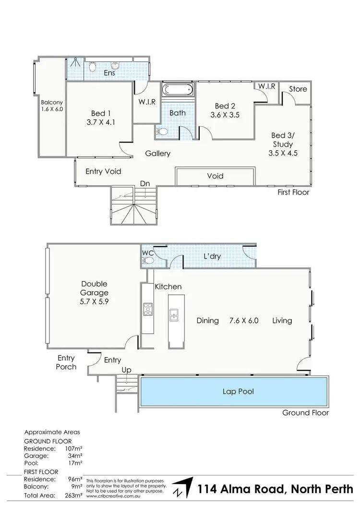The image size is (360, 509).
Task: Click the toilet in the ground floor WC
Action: [148, 260]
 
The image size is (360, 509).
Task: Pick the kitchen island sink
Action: [173, 314]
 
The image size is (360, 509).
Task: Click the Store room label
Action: [298, 89]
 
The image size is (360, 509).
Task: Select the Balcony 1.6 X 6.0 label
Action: [52, 106]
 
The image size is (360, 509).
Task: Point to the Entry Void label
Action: [103, 171]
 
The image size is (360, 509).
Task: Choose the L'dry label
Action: [212, 257]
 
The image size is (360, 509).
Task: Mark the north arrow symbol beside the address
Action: [182, 489]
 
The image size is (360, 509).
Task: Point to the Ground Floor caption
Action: [306, 413]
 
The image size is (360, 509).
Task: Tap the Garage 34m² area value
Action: [74, 455]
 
